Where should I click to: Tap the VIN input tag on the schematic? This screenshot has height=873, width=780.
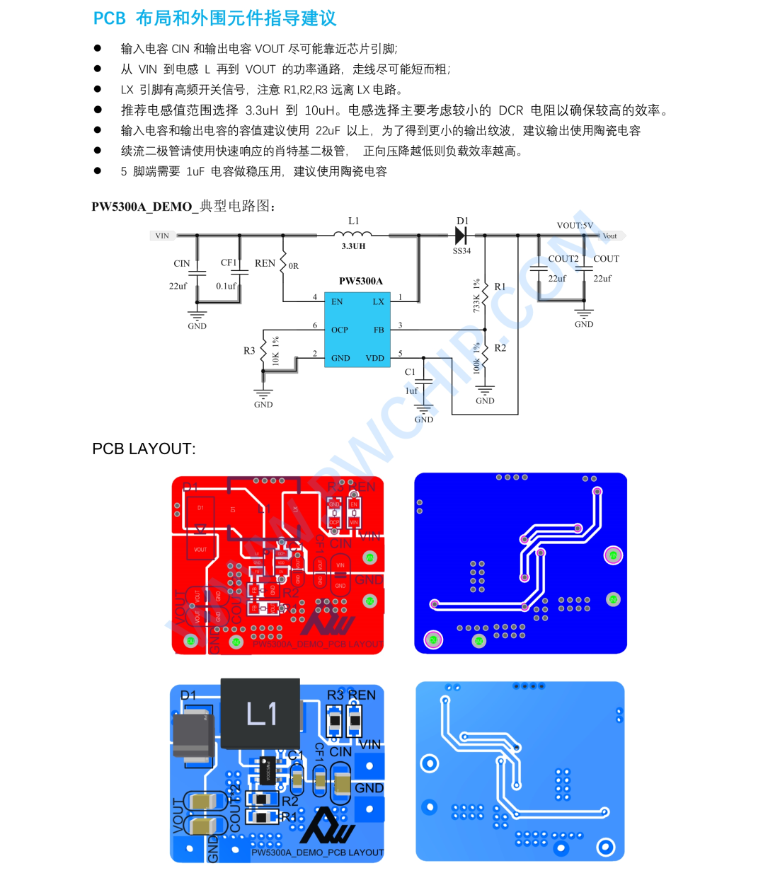(162, 236)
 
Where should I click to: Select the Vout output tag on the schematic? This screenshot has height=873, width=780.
(609, 236)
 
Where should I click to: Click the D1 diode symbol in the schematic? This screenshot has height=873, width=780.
(461, 236)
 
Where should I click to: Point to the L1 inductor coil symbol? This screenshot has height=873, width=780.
(353, 234)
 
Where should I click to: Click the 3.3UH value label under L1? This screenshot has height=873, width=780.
(353, 246)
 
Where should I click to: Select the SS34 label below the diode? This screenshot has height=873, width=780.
(461, 251)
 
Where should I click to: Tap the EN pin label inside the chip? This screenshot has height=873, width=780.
(337, 301)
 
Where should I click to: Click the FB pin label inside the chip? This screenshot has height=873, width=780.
(379, 330)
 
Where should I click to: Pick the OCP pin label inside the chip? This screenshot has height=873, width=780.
(340, 330)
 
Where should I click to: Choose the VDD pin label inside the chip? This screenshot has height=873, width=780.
(375, 358)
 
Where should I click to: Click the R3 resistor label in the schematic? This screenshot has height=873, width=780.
(249, 350)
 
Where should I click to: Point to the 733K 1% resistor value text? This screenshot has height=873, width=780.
(476, 295)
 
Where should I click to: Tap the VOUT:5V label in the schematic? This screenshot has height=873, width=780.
(575, 226)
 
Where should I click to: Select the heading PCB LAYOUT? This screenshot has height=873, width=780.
(144, 449)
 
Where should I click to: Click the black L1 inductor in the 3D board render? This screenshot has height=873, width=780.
(260, 713)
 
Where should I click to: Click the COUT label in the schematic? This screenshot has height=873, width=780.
(606, 259)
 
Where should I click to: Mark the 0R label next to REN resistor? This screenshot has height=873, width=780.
(293, 266)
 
